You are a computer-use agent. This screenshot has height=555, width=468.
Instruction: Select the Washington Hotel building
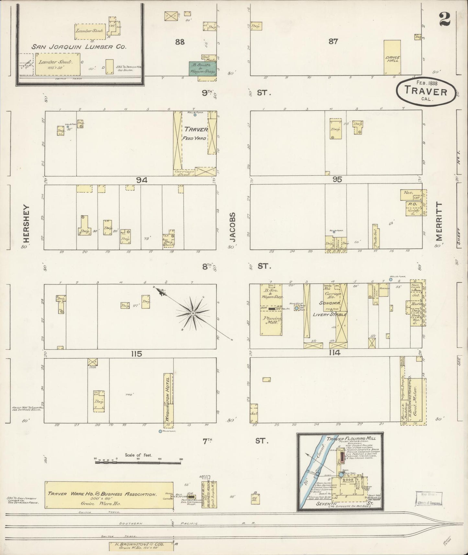tap(168, 399)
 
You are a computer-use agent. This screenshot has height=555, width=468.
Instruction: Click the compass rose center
tap(193, 313)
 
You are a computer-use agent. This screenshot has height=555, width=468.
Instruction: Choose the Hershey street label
tap(27, 223)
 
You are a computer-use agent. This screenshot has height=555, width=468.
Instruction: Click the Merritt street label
tap(439, 221)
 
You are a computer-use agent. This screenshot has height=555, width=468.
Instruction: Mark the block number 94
tap(142, 180)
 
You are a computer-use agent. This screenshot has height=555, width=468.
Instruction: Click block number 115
tap(136, 354)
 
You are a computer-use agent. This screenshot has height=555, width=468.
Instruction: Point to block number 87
tap(333, 41)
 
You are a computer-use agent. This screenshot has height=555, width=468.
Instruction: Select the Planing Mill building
tap(271, 320)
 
